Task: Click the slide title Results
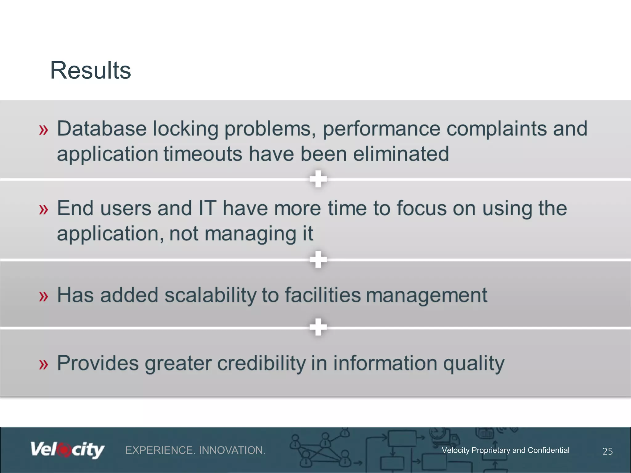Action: pos(90,71)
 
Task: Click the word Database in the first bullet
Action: pos(102,128)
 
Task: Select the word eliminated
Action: pos(401,154)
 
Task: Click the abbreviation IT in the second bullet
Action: pos(207,208)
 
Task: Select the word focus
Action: pos(421,208)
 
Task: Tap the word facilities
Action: pos(322,295)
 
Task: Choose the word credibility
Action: pos(261,363)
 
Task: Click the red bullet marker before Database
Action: pos(44,130)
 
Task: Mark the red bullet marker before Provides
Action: pos(44,365)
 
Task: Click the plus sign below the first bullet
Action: pos(318,179)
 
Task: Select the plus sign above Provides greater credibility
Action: pos(318,327)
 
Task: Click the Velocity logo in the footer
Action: pos(67,450)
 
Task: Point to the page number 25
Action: pos(607,451)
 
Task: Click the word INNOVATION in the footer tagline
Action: pos(232,450)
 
